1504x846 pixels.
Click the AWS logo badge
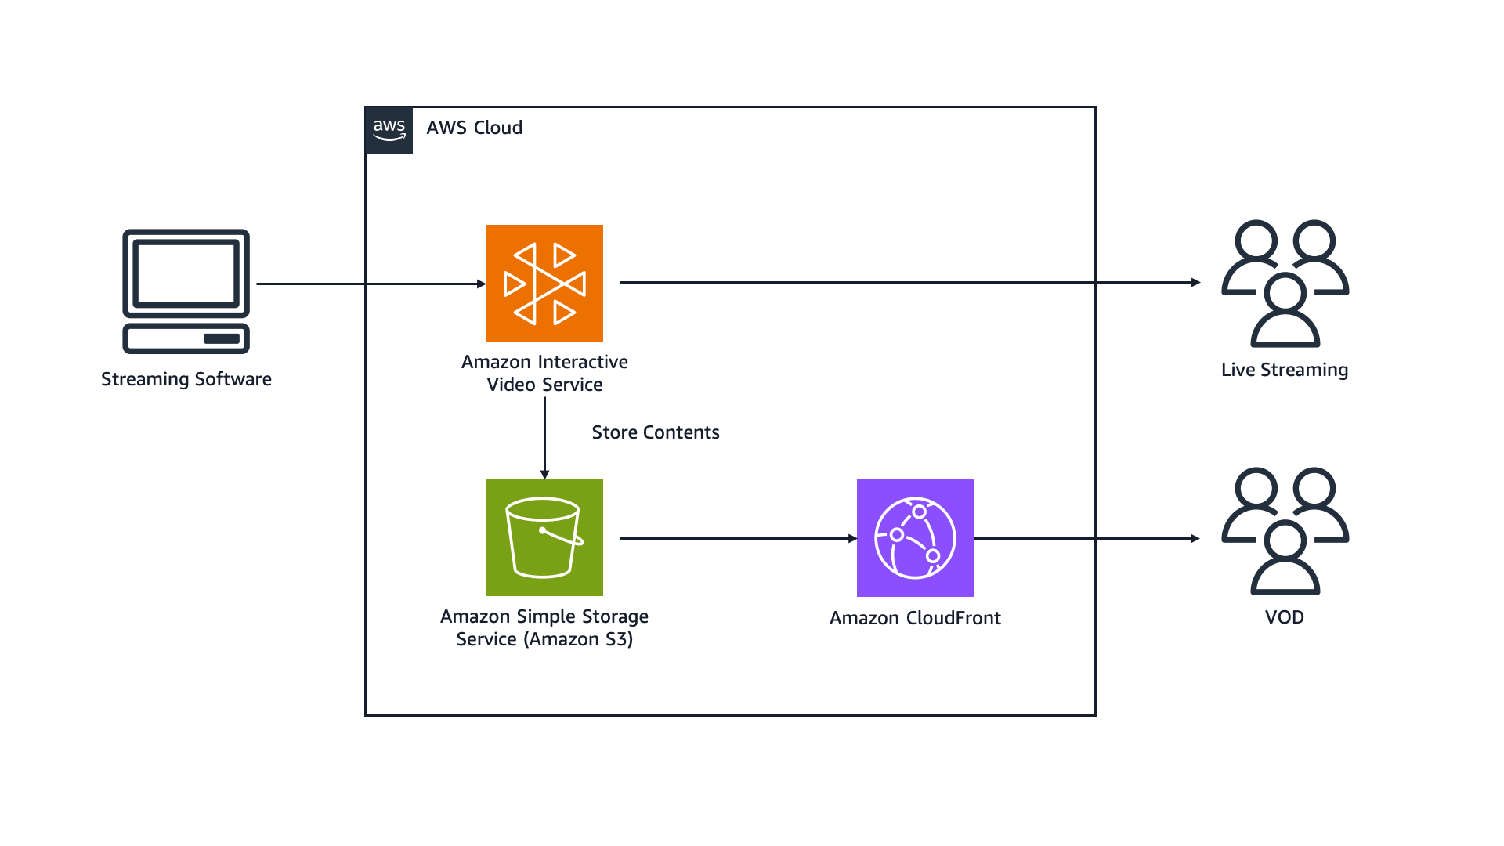click(389, 130)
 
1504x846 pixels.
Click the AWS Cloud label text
click(474, 128)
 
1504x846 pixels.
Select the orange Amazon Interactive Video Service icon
click(544, 284)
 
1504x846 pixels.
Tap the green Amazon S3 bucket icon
click(544, 538)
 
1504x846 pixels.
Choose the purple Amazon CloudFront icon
click(915, 538)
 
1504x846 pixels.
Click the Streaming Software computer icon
click(186, 291)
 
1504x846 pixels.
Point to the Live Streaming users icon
click(1285, 284)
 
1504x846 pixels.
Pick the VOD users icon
click(1285, 531)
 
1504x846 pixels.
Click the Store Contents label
click(655, 432)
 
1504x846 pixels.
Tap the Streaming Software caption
click(186, 379)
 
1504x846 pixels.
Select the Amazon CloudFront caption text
click(915, 618)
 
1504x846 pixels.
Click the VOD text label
click(1285, 617)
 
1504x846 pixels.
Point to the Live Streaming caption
click(1285, 370)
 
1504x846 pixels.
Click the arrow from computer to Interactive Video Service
click(368, 284)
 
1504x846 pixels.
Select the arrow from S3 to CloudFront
click(736, 538)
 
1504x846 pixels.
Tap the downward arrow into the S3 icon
click(544, 439)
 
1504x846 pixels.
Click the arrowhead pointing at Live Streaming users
click(1195, 282)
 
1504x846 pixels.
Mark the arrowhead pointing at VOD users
click(1195, 538)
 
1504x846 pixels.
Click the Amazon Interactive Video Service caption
click(544, 373)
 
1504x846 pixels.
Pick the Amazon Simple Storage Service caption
click(544, 627)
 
